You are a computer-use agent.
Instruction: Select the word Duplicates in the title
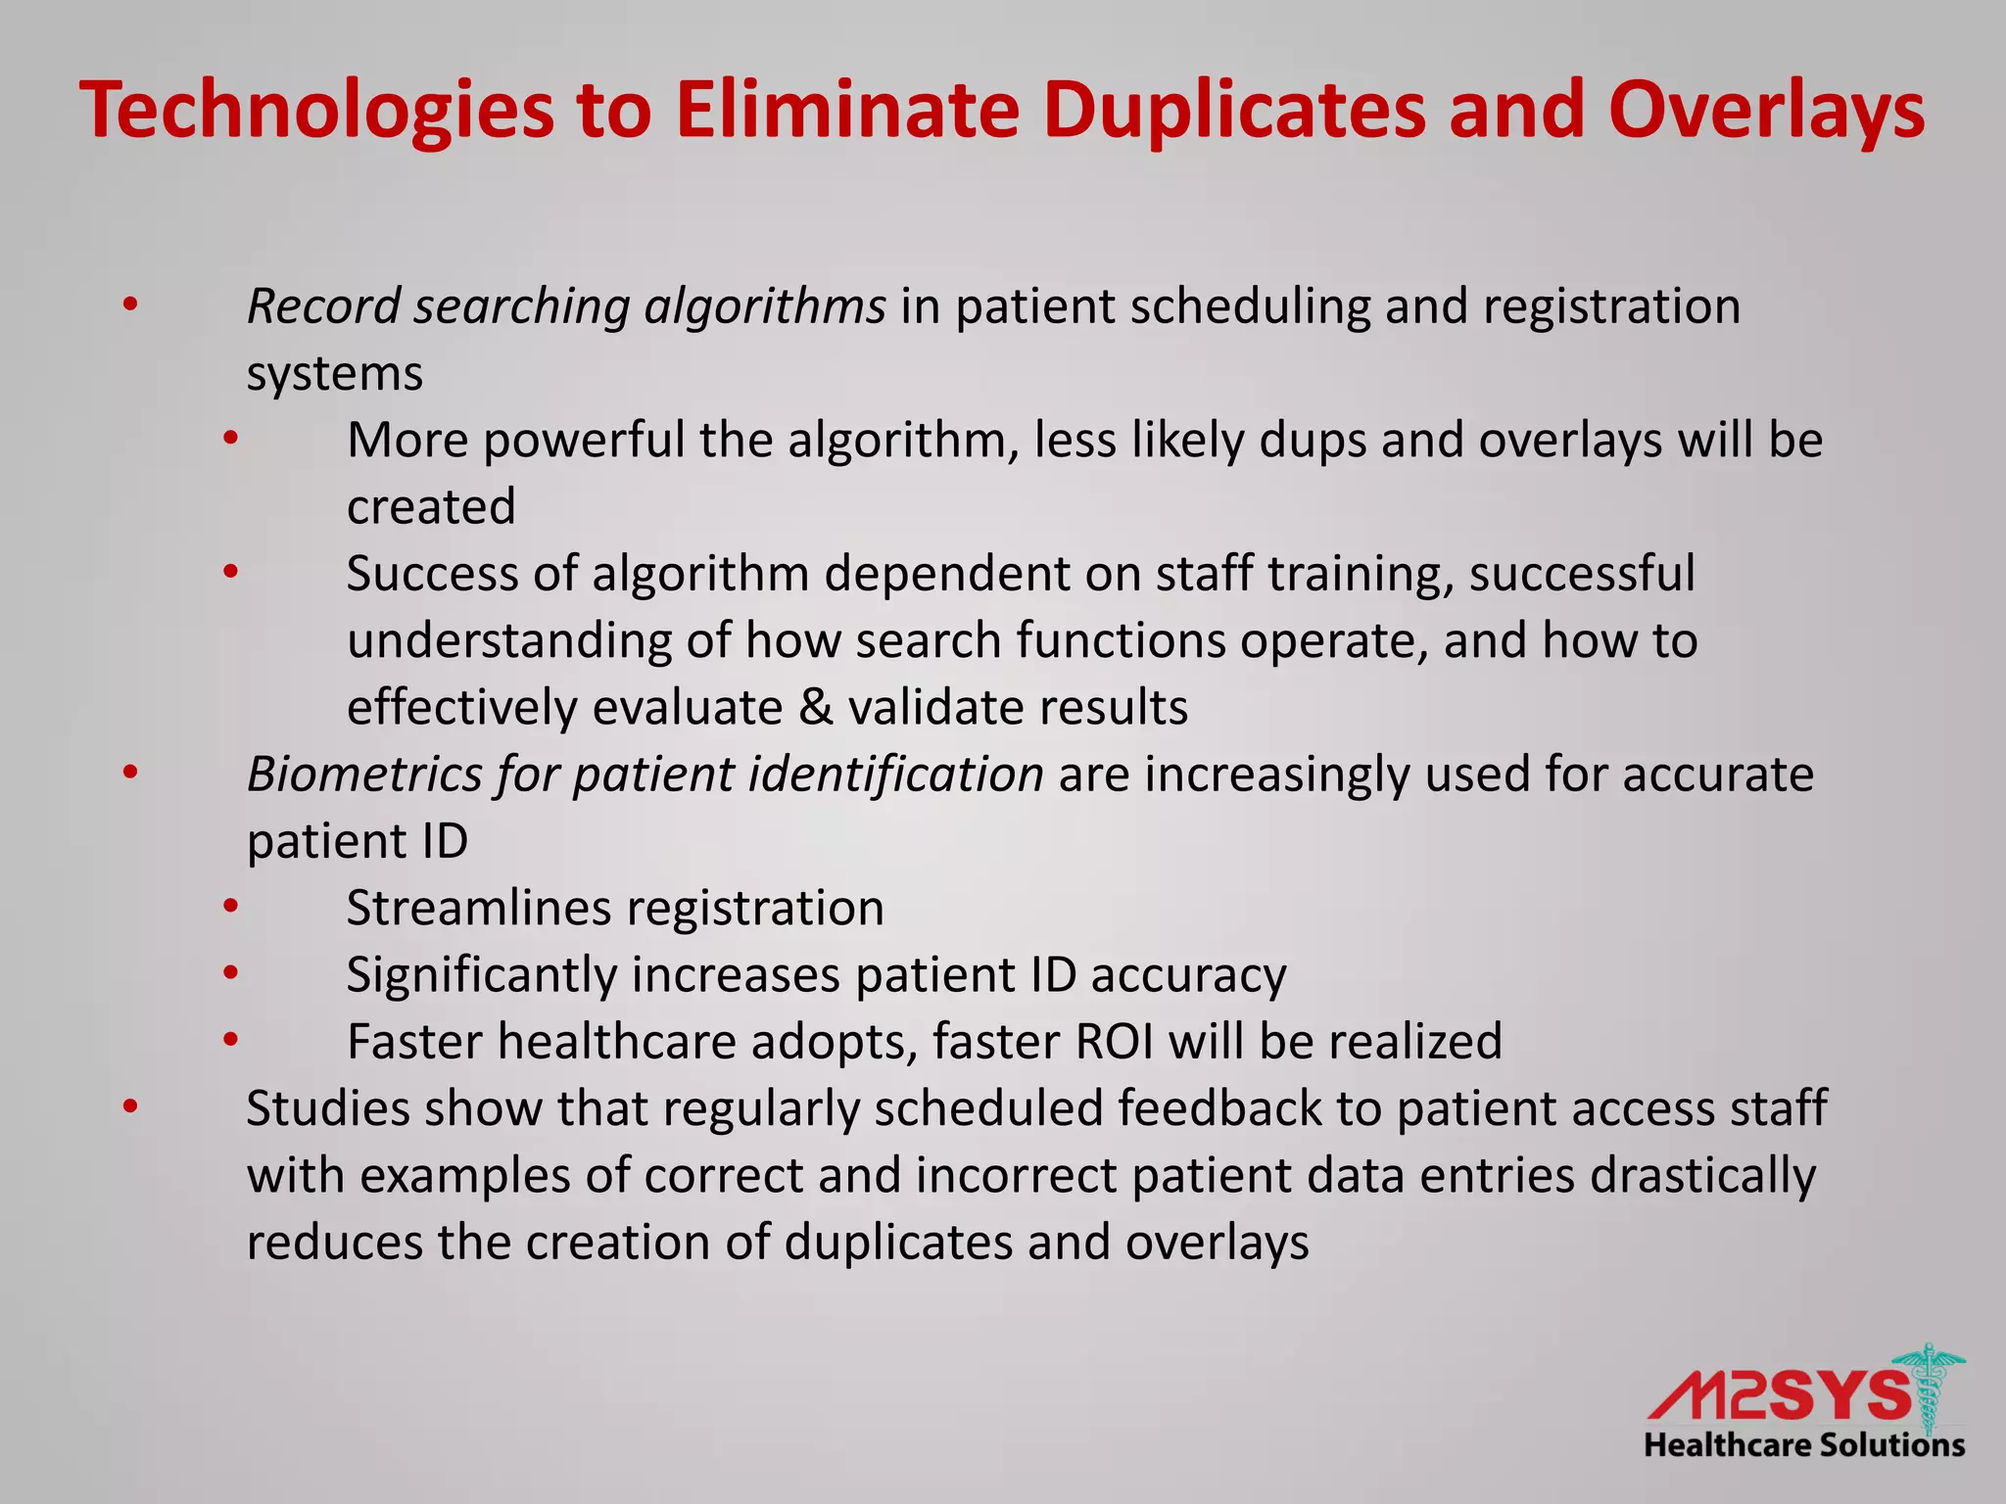tap(1234, 111)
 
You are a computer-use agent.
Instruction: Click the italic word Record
tap(323, 305)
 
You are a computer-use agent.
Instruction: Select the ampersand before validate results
tap(815, 707)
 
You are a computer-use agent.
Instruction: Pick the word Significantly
tap(480, 976)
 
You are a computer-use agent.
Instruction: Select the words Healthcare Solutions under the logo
tap(1804, 1445)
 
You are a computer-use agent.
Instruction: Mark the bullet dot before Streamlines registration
tap(230, 907)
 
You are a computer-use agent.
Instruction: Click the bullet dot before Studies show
tap(130, 1107)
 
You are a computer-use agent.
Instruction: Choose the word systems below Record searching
tap(334, 374)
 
